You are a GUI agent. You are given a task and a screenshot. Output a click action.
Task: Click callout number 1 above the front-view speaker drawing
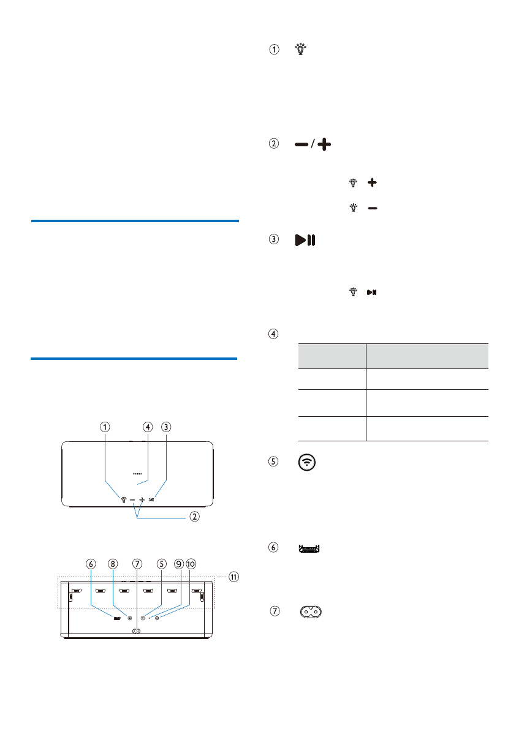coord(106,427)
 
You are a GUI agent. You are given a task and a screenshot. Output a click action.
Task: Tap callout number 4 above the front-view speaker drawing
coord(147,427)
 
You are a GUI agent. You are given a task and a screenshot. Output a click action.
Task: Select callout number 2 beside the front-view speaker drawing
coord(194,517)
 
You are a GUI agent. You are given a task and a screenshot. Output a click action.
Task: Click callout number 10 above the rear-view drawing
coord(191,564)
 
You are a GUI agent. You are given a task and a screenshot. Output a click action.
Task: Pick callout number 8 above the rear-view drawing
coord(113,564)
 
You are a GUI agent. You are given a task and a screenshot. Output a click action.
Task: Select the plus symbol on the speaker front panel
coord(142,499)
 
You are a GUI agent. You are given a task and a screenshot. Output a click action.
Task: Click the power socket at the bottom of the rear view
coord(136,632)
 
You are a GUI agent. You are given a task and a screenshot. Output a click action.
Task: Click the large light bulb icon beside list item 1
coord(301,50)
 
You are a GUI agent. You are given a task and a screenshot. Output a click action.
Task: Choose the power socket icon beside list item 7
coord(311,612)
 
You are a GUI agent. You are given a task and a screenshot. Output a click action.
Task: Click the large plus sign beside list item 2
coord(324,144)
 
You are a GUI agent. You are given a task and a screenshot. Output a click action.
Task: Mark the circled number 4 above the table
coord(273,334)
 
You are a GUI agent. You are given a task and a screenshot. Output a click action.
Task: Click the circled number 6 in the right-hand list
coord(273,548)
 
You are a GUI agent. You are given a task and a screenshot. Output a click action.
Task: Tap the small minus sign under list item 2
coord(373,208)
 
